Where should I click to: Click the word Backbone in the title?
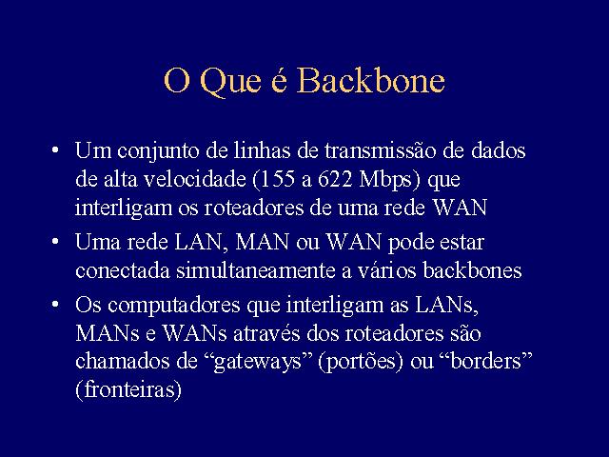[x=371, y=80]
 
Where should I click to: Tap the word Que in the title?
[x=230, y=83]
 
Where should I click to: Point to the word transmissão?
[x=381, y=150]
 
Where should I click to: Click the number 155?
[x=277, y=180]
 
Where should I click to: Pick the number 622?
[x=335, y=180]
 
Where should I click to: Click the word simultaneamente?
[x=256, y=270]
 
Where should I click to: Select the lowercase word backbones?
[x=472, y=270]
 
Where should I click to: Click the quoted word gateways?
[x=258, y=362]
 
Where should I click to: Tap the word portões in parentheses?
[x=361, y=362]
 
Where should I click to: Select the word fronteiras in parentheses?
[x=129, y=389]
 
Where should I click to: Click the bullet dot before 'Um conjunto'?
[x=55, y=150]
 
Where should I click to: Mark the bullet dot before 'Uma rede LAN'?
[x=55, y=242]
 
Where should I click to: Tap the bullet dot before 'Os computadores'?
[x=55, y=305]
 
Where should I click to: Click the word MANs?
[x=108, y=333]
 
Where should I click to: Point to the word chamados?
[x=123, y=362]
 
